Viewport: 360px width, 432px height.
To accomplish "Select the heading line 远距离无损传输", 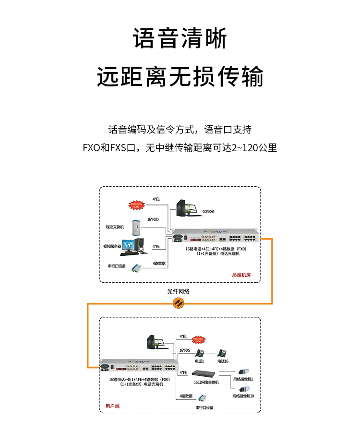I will click(x=180, y=77).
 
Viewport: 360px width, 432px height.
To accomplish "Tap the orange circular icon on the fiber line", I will click(x=179, y=302).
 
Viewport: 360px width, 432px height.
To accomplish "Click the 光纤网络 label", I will click(x=179, y=291).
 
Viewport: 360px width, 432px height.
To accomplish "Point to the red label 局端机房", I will click(x=241, y=276).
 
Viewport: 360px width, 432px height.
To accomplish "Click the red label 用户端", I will click(x=112, y=406).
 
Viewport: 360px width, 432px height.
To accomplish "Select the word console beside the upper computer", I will click(x=208, y=211).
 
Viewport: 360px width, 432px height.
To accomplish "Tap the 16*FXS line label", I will click(x=184, y=351).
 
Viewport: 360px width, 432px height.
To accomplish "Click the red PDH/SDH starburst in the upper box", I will click(x=137, y=205).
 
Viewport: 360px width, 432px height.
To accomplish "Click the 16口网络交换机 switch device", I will click(x=205, y=373).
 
